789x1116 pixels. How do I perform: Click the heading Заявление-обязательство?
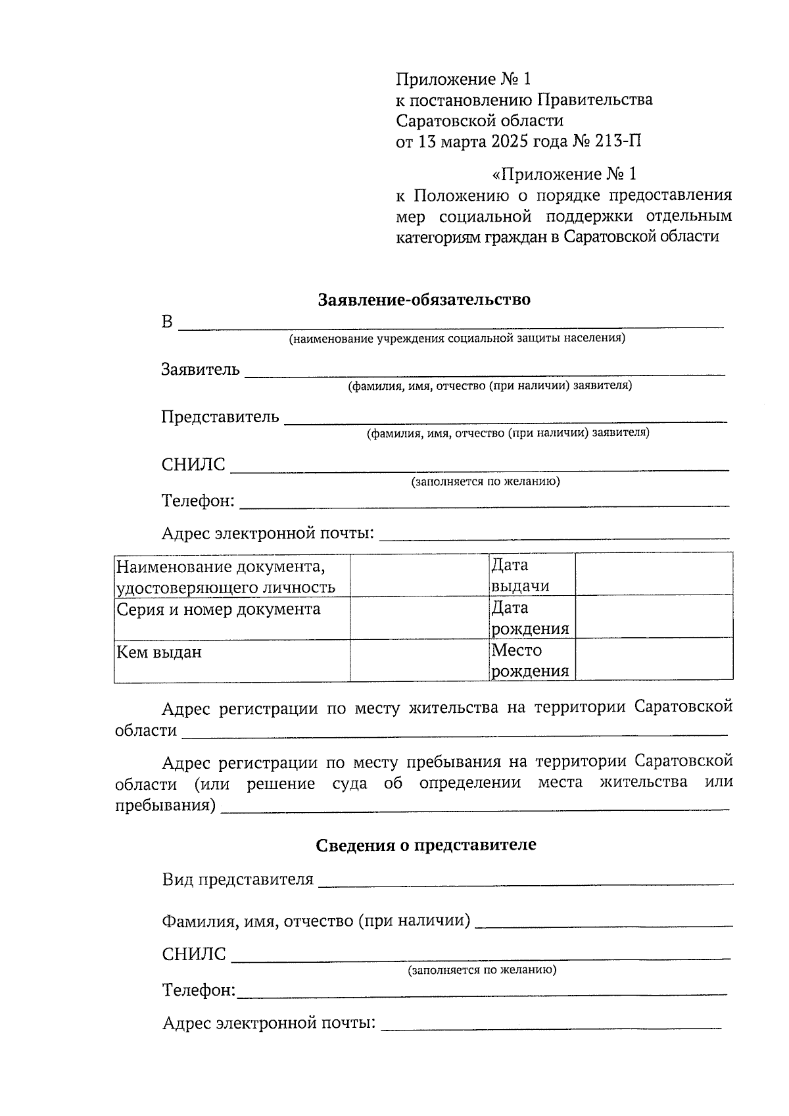[424, 300]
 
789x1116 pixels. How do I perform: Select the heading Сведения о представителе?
[425, 844]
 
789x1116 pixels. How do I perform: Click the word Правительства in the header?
[595, 100]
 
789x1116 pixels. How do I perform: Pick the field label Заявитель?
[201, 370]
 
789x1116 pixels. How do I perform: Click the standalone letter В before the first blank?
[168, 322]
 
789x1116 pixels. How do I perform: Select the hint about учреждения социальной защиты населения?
[457, 339]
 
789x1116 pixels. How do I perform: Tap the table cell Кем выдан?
[159, 652]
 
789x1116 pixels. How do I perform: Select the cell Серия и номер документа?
[218, 609]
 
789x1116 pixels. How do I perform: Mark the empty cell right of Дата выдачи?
[654, 574]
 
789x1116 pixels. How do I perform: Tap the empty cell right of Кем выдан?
[419, 660]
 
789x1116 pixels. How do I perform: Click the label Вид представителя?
[237, 880]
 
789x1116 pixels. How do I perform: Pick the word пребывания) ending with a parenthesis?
[166, 805]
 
